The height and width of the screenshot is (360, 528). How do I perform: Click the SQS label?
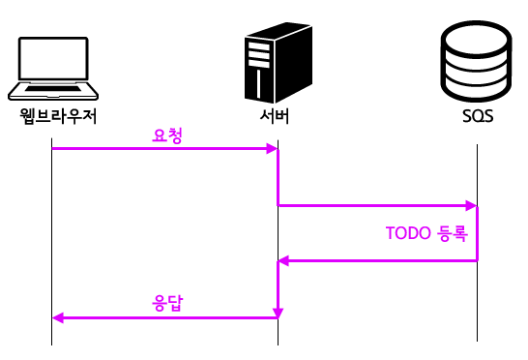[x=478, y=118]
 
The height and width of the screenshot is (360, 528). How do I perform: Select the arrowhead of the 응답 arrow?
[x=57, y=317]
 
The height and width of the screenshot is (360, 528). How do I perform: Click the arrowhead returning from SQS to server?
[x=283, y=260]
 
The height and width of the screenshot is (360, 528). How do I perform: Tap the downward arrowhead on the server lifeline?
[x=279, y=312]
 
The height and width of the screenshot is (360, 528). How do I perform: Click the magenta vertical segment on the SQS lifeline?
[x=477, y=232]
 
